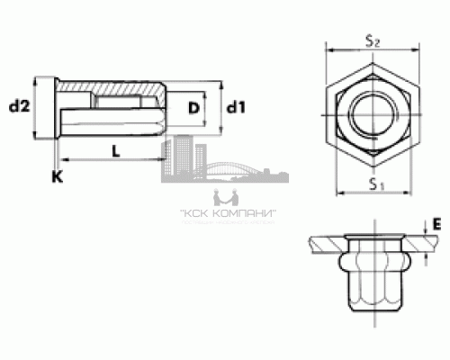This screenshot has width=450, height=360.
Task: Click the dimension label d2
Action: tap(19, 108)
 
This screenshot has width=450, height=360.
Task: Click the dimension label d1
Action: tap(236, 108)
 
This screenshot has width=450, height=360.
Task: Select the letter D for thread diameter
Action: tap(192, 108)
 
